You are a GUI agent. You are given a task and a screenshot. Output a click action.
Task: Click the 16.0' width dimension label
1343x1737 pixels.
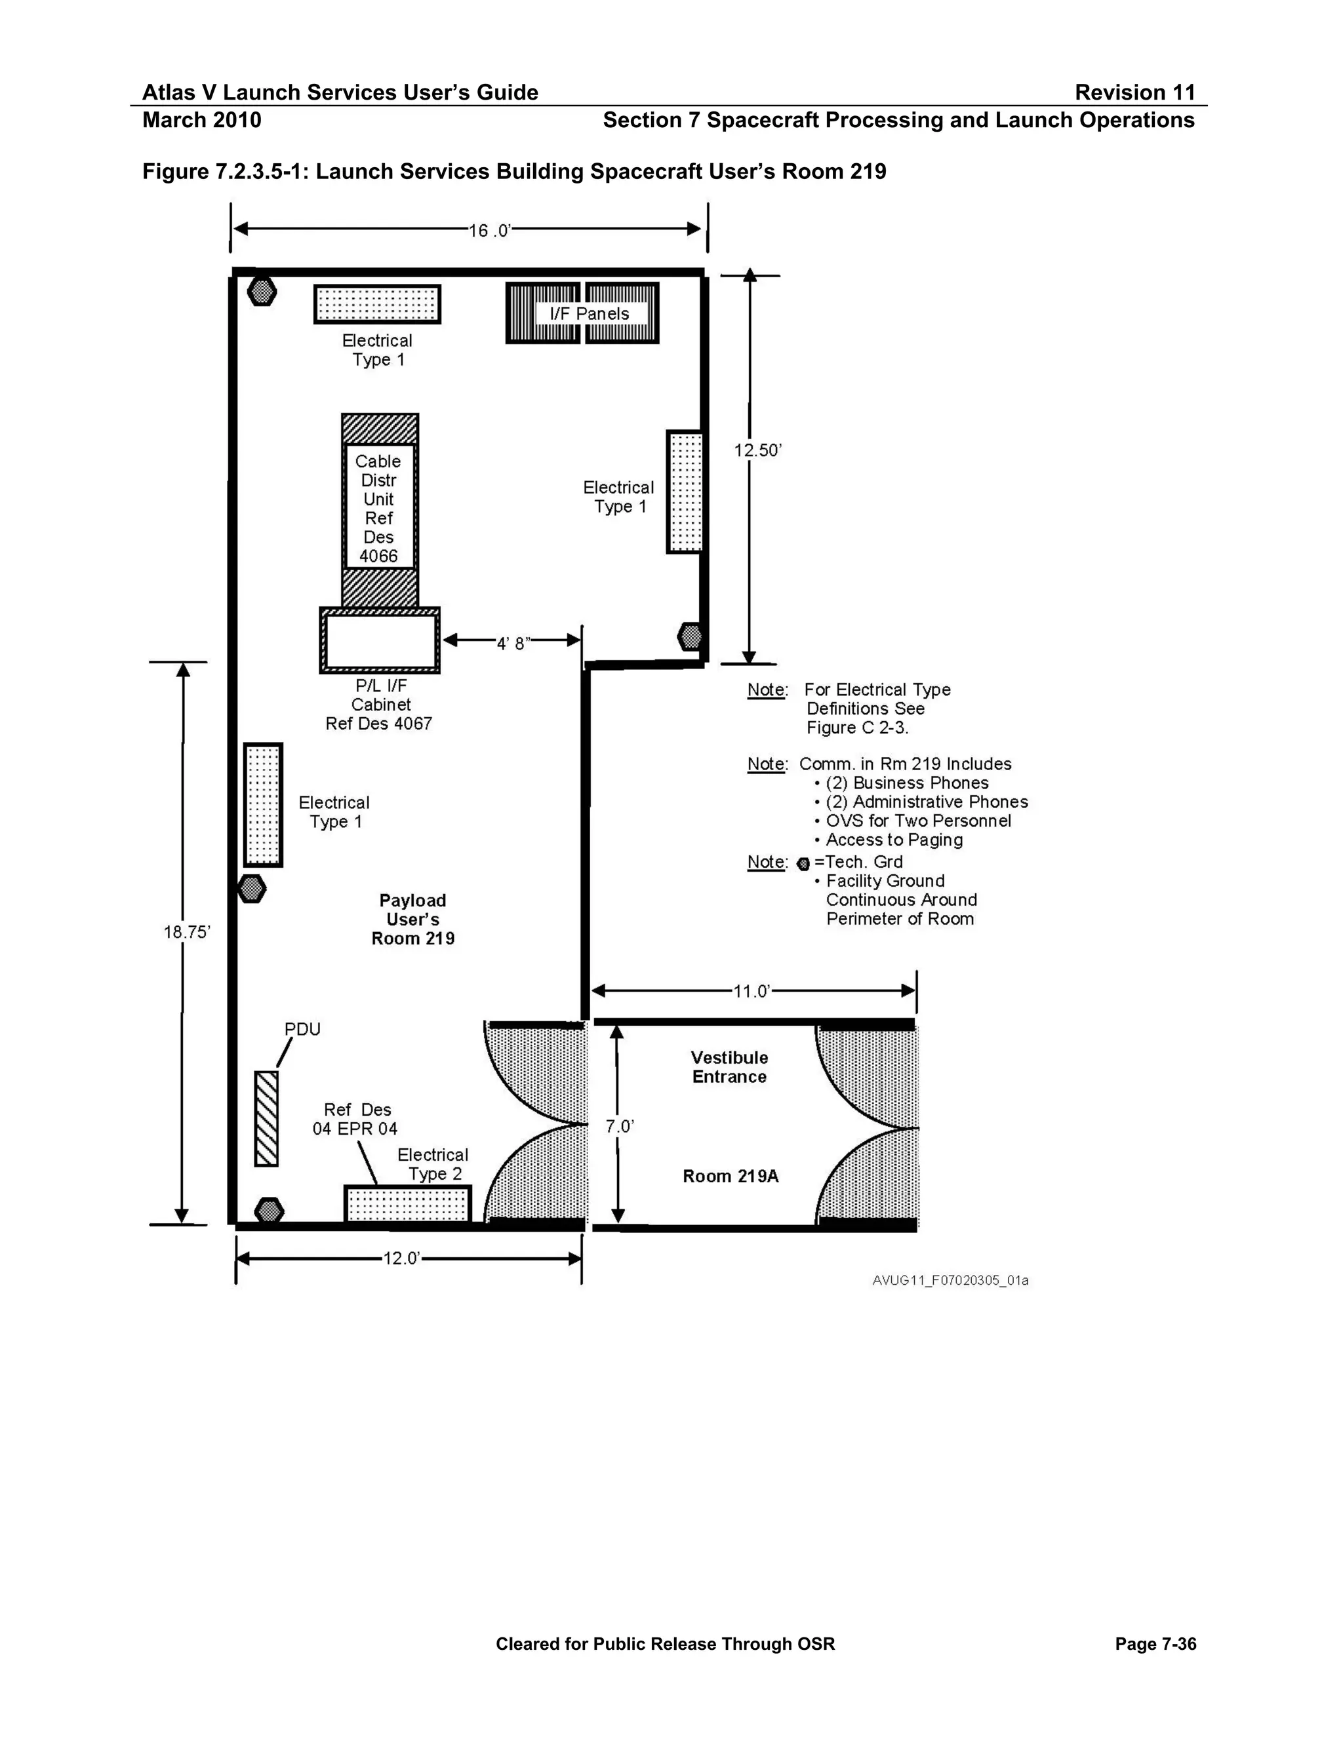489,231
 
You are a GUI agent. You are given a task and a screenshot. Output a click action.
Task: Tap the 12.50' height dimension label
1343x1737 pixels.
757,450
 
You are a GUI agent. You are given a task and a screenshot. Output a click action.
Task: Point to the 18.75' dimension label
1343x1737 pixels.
187,932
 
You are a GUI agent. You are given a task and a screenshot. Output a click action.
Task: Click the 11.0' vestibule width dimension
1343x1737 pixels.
752,991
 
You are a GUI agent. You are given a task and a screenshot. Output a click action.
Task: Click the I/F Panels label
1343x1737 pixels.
589,313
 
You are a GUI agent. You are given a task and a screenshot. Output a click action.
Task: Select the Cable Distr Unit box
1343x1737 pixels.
380,510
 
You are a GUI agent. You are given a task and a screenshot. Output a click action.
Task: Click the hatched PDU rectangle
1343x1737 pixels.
266,1119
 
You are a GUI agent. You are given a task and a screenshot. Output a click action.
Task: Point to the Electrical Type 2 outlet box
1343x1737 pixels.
408,1204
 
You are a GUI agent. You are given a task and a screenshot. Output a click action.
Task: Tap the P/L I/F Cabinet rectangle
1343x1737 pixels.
380,640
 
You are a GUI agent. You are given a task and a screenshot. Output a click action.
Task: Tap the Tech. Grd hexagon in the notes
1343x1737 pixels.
803,864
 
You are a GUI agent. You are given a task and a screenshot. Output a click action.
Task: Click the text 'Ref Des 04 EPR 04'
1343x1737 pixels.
355,1119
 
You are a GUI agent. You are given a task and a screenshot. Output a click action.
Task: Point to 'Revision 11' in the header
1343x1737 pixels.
1135,92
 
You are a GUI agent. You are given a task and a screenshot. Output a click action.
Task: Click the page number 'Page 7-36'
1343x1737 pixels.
1156,1644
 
